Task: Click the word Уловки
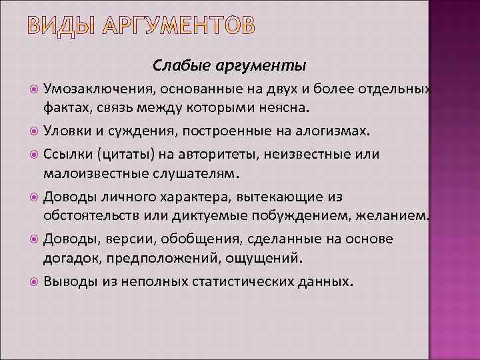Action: click(x=66, y=131)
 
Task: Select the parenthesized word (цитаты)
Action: click(x=122, y=155)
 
